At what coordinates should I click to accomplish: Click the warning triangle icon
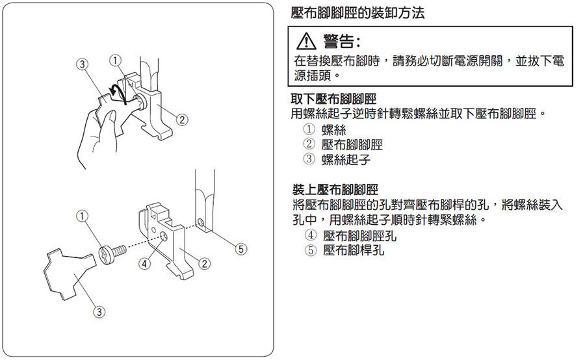tap(306, 41)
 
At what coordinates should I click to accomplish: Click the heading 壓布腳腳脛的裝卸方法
tap(357, 13)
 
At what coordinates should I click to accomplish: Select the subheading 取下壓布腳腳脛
tap(333, 99)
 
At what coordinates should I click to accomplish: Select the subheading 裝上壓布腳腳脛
tap(335, 190)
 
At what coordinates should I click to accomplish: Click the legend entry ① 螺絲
tap(324, 130)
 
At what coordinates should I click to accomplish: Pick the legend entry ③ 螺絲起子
tap(337, 159)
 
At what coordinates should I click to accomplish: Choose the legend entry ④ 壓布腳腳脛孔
tap(350, 235)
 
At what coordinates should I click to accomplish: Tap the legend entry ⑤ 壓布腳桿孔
tap(344, 250)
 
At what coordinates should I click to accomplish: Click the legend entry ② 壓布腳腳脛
tap(343, 144)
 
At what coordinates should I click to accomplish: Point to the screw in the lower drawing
tap(112, 253)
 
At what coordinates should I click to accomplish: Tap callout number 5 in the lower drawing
tap(241, 249)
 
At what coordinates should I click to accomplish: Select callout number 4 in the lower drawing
tap(145, 264)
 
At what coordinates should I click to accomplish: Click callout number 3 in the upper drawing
tap(83, 64)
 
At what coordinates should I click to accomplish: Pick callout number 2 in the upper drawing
tap(182, 120)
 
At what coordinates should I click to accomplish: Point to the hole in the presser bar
tap(200, 223)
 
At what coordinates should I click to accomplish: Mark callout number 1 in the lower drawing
tap(82, 216)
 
